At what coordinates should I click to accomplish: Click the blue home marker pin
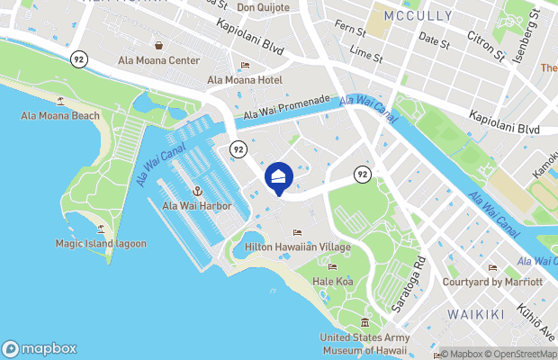279,177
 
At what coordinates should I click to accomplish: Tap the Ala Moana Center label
158,60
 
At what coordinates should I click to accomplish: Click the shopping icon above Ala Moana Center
158,45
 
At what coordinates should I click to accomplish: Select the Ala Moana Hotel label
245,80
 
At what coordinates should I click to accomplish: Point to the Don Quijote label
264,7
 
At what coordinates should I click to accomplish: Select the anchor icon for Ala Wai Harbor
196,191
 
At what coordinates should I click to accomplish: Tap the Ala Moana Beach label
61,116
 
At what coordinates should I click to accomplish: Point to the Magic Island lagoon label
100,243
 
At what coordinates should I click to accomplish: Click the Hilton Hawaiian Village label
297,247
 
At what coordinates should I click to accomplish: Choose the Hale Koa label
331,281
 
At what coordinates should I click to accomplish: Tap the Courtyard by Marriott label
492,282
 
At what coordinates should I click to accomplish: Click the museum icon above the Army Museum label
364,323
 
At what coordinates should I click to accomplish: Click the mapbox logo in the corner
40,348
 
